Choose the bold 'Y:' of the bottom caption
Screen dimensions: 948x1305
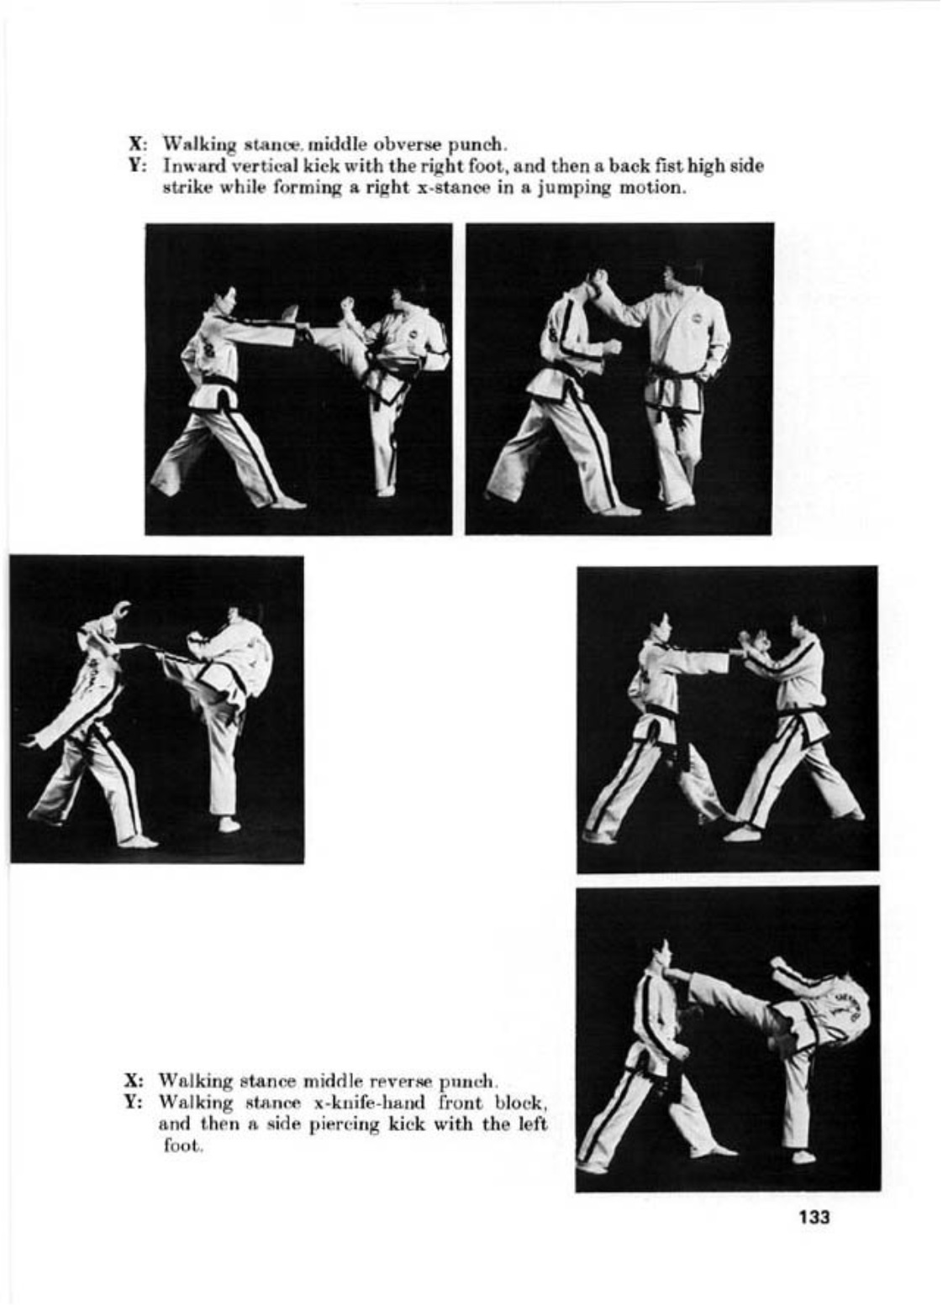(136, 1103)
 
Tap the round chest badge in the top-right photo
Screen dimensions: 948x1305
(697, 320)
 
